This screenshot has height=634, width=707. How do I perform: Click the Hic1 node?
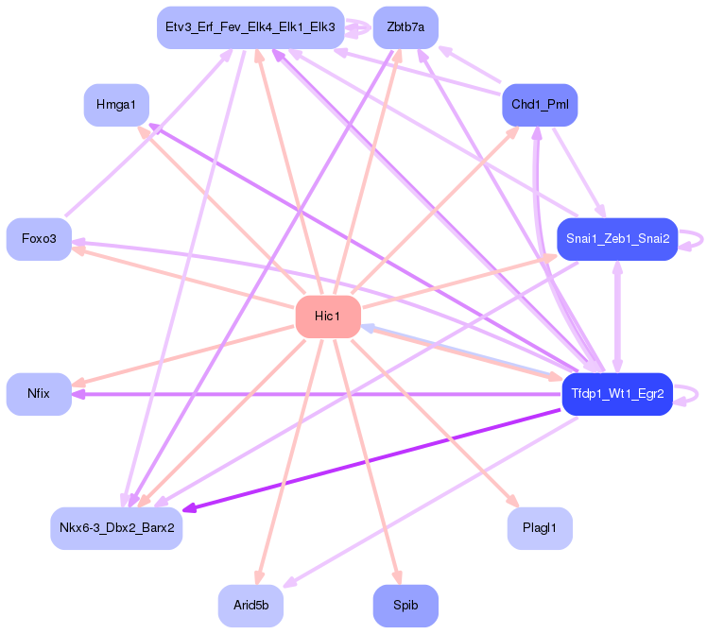328,316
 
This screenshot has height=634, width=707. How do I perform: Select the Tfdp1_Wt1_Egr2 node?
617,393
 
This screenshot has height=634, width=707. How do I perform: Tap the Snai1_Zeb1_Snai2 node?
617,239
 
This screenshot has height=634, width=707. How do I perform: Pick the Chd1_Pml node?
539,104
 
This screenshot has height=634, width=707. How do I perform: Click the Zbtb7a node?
405,27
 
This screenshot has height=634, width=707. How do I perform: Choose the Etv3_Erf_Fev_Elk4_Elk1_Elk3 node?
250,27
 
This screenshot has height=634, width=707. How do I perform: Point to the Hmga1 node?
116,104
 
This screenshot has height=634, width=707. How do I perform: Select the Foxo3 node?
39,239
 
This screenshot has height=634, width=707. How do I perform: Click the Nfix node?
39,393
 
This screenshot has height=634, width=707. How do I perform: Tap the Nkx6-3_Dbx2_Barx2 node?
116,527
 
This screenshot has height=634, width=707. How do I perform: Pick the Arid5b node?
250,605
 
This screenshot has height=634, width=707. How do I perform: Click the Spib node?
405,605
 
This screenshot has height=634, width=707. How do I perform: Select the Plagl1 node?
539,527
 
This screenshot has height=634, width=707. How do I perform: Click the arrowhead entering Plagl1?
514,503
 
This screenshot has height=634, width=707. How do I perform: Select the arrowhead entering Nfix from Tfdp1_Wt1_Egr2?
78,393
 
